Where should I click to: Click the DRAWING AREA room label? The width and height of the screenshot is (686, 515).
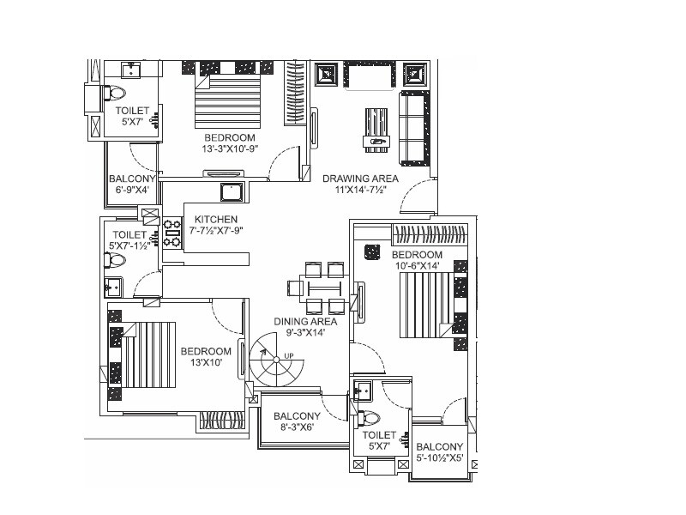360,179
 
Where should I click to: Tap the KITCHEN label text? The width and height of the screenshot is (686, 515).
216,220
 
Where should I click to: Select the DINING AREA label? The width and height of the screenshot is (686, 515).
304,321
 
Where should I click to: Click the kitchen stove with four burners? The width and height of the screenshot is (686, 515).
172,233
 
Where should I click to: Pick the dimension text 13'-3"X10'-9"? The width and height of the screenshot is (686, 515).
229,149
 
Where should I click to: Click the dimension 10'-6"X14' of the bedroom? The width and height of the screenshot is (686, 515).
417,266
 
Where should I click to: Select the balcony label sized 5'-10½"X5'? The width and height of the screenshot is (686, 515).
439,458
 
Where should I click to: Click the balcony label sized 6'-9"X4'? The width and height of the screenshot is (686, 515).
132,191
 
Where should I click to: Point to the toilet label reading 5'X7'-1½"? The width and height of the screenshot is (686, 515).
130,245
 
